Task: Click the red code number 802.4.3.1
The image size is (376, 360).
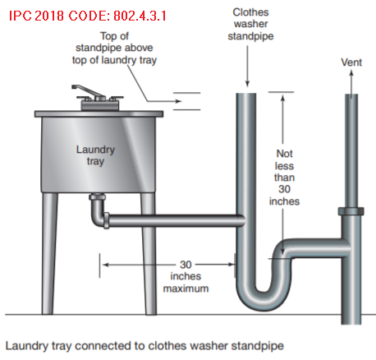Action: pos(140,16)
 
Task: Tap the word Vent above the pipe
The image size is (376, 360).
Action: pos(351,62)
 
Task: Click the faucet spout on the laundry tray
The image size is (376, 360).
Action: pos(88,90)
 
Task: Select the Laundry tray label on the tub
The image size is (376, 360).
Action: pos(95,155)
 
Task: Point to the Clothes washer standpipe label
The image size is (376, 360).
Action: pos(250,24)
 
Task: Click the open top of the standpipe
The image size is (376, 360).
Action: pos(246,94)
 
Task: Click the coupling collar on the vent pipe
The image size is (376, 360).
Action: pos(351,211)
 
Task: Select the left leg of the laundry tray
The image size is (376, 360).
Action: pos(49,253)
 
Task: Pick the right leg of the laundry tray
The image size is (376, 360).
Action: pos(149,253)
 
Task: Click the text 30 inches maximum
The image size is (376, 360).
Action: pos(186,277)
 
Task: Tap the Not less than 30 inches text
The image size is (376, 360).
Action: pos(284,178)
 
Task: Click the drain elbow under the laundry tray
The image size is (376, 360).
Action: pos(98,210)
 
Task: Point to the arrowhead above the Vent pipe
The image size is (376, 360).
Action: pos(351,72)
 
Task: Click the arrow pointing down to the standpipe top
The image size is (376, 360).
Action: pos(247,67)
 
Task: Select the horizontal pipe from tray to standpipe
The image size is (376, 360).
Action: pos(175,220)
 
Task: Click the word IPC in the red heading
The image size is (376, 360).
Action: pos(21,16)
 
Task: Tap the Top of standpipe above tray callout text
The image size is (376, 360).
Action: pos(114,48)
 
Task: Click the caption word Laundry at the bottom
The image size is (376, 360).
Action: pos(26,346)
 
